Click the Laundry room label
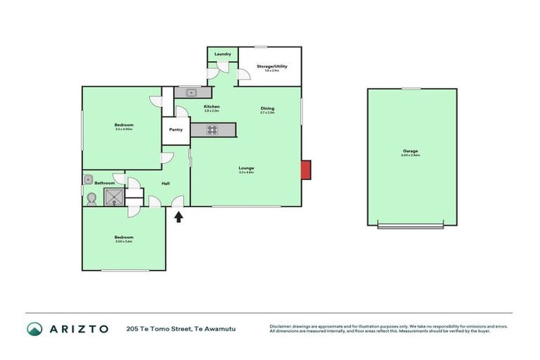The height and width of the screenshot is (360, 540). (x=223, y=53)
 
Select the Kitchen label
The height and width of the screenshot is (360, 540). (x=212, y=106)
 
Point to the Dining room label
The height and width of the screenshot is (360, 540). (x=267, y=108)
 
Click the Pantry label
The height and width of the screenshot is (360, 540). (x=176, y=129)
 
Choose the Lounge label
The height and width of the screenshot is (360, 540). (x=246, y=168)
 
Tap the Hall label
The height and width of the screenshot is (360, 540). (x=166, y=184)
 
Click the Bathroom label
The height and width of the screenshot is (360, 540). (x=105, y=183)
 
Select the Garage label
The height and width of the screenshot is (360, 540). (x=411, y=150)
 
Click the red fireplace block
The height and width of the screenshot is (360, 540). (x=306, y=170)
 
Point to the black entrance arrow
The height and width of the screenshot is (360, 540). (x=179, y=217)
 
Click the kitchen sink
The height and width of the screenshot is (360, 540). (x=191, y=92)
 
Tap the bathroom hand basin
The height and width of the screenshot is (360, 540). (x=89, y=179)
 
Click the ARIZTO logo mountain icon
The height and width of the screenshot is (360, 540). (x=34, y=329)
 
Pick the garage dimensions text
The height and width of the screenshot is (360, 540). (x=411, y=155)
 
